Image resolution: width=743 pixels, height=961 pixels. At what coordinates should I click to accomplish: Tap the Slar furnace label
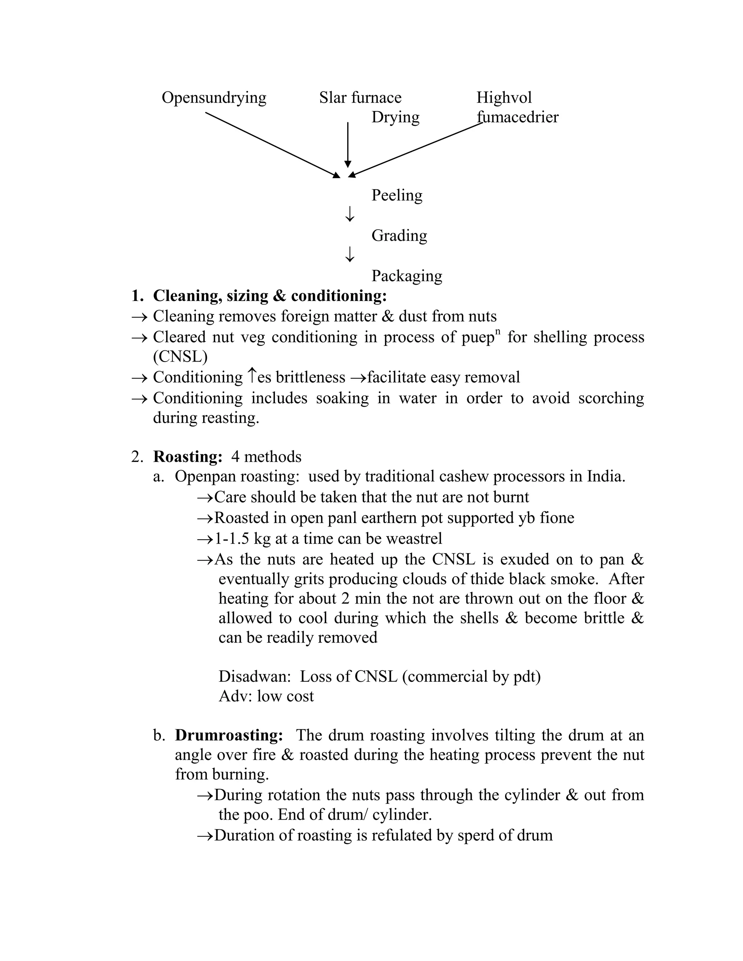[360, 98]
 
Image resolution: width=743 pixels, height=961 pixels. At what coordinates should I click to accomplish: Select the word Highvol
[504, 98]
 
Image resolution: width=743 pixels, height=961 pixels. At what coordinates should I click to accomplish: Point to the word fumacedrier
[518, 117]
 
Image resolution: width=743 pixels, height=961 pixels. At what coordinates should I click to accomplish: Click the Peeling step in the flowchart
[397, 195]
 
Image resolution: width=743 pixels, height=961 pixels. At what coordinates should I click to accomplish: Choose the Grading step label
[399, 236]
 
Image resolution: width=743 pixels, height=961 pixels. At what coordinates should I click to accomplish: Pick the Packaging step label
[407, 276]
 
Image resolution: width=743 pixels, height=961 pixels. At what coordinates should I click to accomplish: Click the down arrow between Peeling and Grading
[349, 214]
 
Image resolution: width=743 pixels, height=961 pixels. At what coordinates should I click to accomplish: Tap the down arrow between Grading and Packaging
[349, 254]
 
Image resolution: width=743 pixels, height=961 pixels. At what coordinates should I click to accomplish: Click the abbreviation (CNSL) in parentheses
[180, 356]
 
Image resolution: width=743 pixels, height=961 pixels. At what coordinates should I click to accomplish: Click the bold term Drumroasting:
[229, 735]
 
